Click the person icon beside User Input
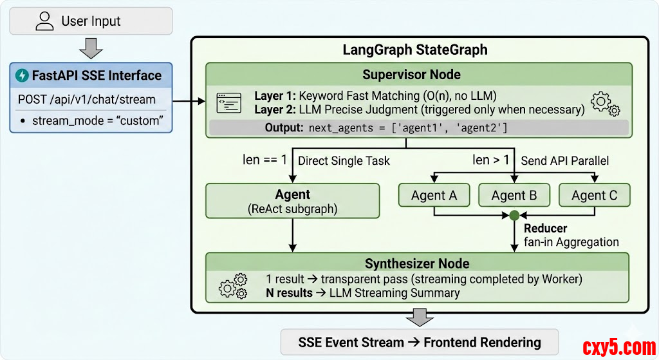tap(44, 21)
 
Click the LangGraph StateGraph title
tap(414, 50)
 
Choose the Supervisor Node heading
tap(411, 74)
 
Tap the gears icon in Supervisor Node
tap(604, 103)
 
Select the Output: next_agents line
tap(386, 128)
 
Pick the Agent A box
tap(434, 195)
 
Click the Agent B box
tap(514, 195)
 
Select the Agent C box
tap(593, 195)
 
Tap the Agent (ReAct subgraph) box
tap(292, 200)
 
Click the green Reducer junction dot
tap(514, 216)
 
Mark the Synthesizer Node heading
tap(417, 263)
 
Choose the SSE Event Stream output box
tap(419, 342)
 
